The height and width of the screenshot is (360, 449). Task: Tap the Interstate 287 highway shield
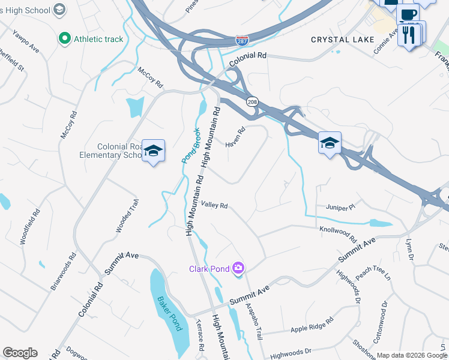[242, 40]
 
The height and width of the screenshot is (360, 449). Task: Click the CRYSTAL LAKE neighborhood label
[343, 40]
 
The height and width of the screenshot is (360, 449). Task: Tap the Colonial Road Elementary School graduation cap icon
[153, 151]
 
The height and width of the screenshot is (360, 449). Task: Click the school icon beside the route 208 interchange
[329, 143]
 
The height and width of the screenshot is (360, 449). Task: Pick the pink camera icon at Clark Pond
[239, 268]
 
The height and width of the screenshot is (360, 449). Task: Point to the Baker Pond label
[169, 313]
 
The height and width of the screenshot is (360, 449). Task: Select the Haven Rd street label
[235, 137]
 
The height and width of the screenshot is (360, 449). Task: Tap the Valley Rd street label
[214, 205]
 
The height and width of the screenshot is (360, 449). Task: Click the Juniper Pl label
[341, 208]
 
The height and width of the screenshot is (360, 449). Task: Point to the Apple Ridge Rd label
[312, 325]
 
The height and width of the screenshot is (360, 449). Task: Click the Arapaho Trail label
[254, 322]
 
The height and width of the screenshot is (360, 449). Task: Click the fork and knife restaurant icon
[410, 34]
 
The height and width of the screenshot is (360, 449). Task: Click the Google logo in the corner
[20, 353]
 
